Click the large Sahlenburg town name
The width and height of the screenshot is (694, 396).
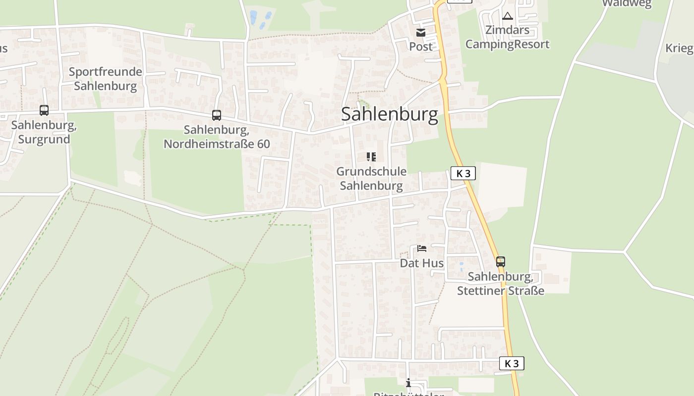(390, 115)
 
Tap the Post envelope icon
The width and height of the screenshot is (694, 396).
(421, 33)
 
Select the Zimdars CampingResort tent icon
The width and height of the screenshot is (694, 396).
(507, 16)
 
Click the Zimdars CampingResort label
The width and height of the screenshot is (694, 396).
(507, 37)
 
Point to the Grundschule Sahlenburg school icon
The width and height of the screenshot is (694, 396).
(371, 157)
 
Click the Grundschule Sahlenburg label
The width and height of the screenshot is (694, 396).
(371, 179)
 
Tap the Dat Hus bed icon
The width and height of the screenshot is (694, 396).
(422, 248)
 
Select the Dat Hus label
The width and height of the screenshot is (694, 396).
(422, 263)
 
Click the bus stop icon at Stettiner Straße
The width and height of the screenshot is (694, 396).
(501, 261)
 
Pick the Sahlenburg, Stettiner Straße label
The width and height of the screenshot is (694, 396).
(501, 283)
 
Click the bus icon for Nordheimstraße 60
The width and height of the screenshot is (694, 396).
(217, 115)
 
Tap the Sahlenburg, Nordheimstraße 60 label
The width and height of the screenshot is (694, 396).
(217, 137)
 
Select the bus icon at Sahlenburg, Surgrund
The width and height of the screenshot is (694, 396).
(44, 110)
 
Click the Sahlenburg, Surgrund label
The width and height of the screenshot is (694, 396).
(44, 132)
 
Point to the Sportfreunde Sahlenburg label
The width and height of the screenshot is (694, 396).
(105, 79)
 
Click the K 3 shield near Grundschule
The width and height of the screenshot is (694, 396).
(463, 173)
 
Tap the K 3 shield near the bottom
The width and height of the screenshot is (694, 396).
(512, 363)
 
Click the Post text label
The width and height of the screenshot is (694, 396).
(421, 47)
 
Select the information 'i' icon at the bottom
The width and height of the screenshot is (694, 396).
(408, 383)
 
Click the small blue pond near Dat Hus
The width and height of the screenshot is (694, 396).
(462, 264)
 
